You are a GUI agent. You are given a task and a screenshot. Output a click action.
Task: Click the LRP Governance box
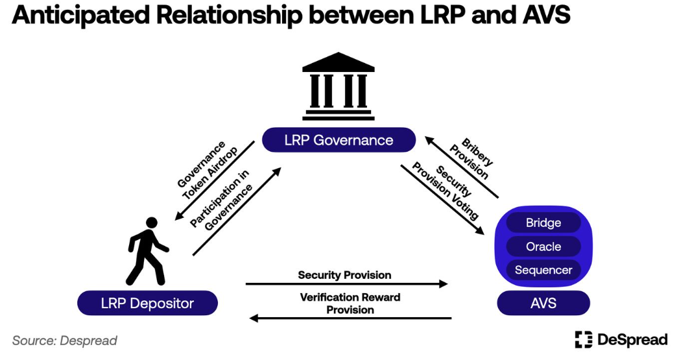pos(339,140)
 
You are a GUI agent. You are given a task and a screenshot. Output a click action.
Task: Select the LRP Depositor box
pos(147,303)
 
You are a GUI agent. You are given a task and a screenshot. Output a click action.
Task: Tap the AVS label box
pos(543,303)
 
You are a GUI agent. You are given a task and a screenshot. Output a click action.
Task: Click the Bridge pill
pos(543,223)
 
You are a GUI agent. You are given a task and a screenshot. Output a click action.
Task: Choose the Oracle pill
pos(543,246)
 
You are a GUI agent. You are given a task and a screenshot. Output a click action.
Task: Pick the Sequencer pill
pos(543,270)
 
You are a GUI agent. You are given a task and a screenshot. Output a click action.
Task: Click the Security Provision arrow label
pos(344,275)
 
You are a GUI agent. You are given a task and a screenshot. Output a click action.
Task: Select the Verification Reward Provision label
pos(350,304)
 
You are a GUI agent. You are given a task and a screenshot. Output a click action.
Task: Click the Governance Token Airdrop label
pos(206,171)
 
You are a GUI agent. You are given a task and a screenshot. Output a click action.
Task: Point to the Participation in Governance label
pos(224,202)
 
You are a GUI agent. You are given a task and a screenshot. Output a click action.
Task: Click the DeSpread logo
pos(621,339)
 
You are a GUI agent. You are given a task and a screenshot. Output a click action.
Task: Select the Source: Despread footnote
pos(65,341)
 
